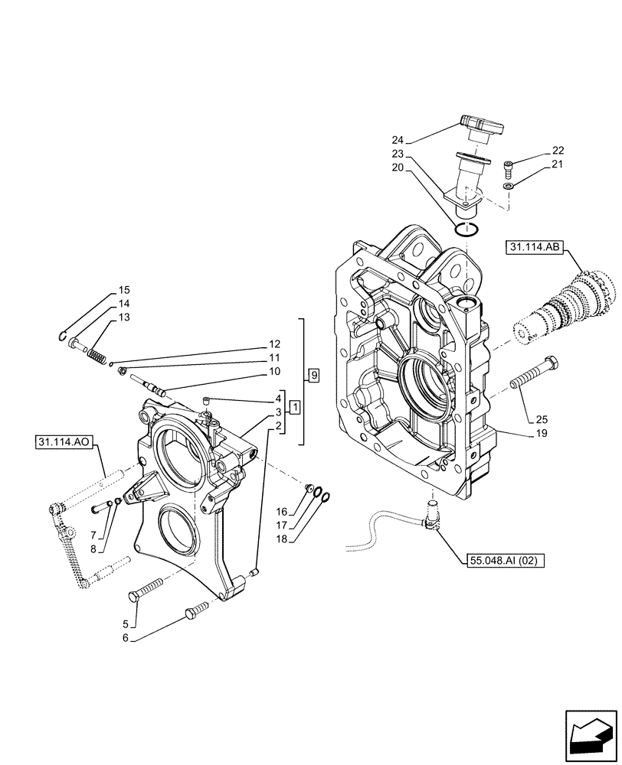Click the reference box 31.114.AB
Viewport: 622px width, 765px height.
535,247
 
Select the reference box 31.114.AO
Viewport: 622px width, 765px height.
66,442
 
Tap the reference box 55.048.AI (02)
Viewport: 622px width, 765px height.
503,561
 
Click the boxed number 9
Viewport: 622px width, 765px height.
313,375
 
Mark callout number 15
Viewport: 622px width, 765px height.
123,291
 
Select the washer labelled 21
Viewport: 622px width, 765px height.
509,184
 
